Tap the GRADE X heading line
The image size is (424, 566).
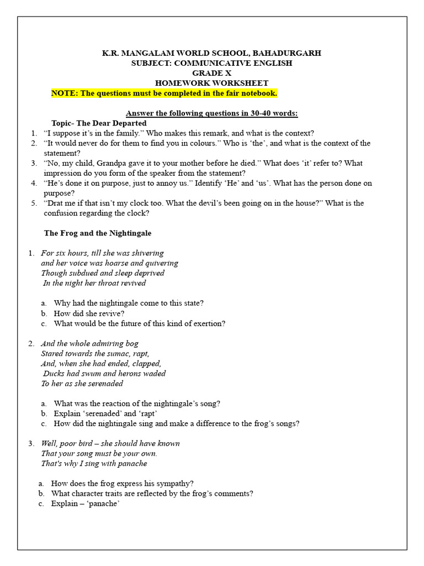point(212,73)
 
